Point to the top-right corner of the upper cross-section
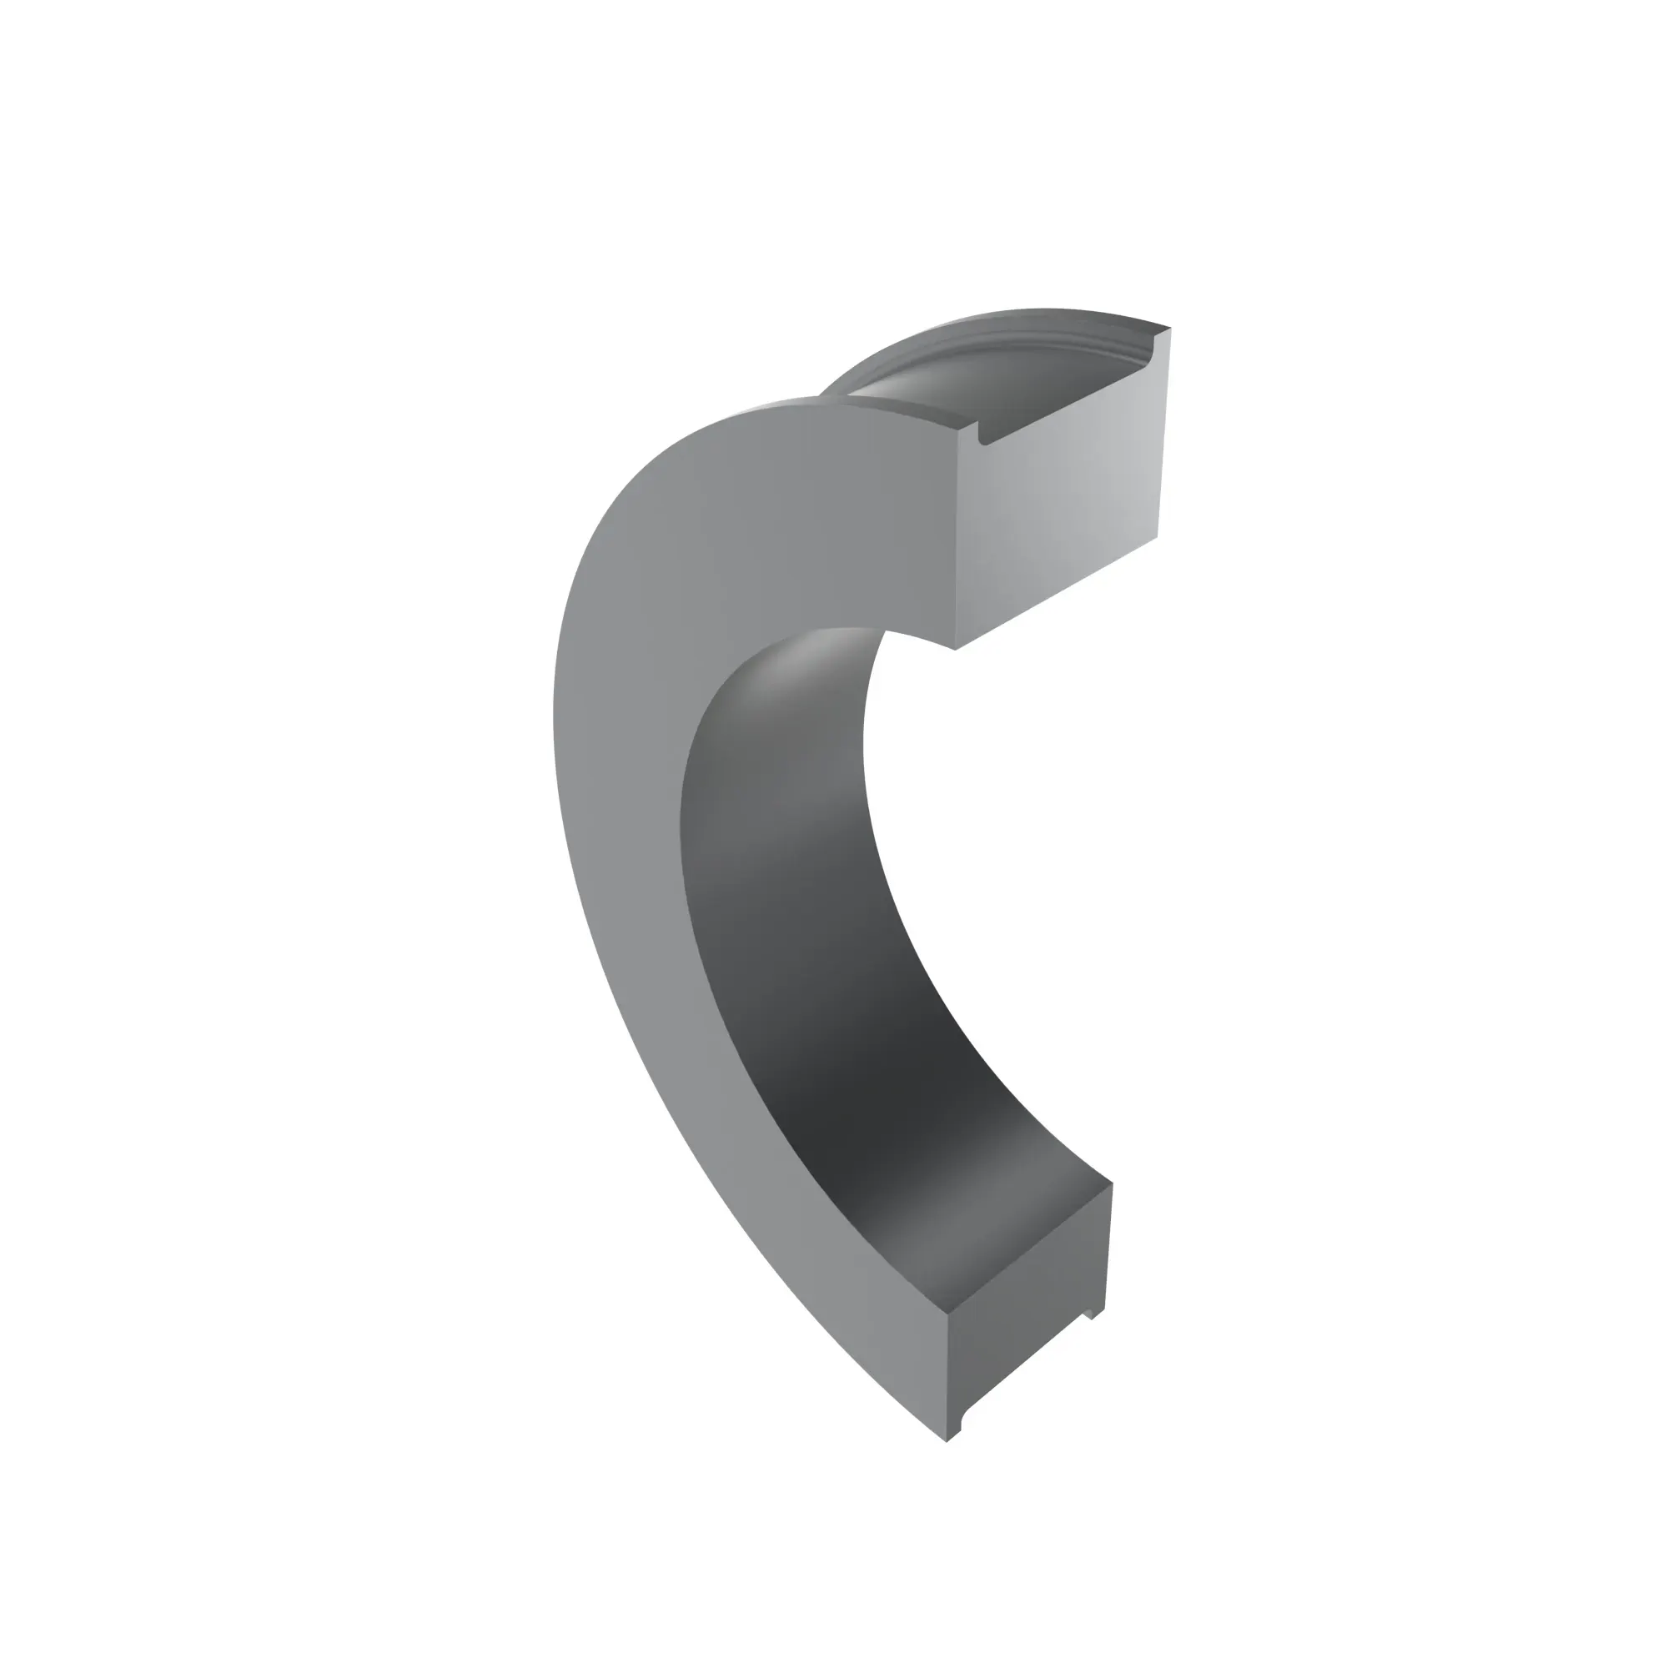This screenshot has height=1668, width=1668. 1170,328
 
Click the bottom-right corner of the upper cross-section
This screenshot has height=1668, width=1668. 1156,537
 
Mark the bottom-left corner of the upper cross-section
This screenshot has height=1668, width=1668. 955,649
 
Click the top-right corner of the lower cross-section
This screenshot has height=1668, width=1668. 1112,1183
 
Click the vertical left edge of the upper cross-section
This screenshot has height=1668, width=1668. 957,535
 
